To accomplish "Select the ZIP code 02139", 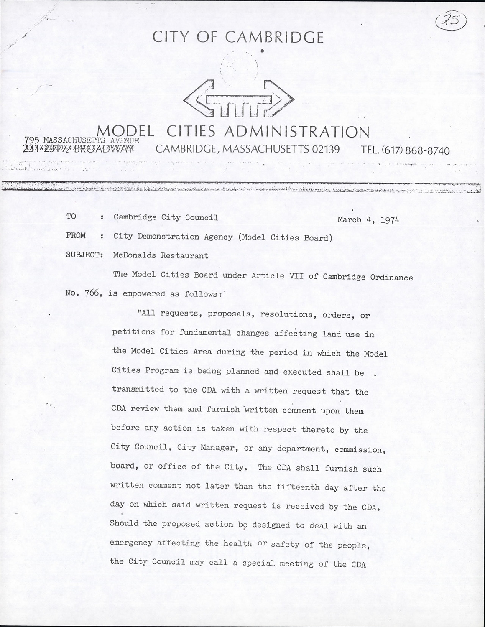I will click(x=326, y=149).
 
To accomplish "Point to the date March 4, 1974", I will click(x=368, y=219).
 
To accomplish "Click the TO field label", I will click(x=71, y=217).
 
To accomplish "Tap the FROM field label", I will click(x=76, y=236).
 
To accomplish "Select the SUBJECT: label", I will click(x=84, y=255).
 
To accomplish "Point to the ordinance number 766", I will click(x=91, y=293).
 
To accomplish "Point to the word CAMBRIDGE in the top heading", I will click(x=275, y=38).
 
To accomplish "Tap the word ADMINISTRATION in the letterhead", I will click(x=297, y=132).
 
